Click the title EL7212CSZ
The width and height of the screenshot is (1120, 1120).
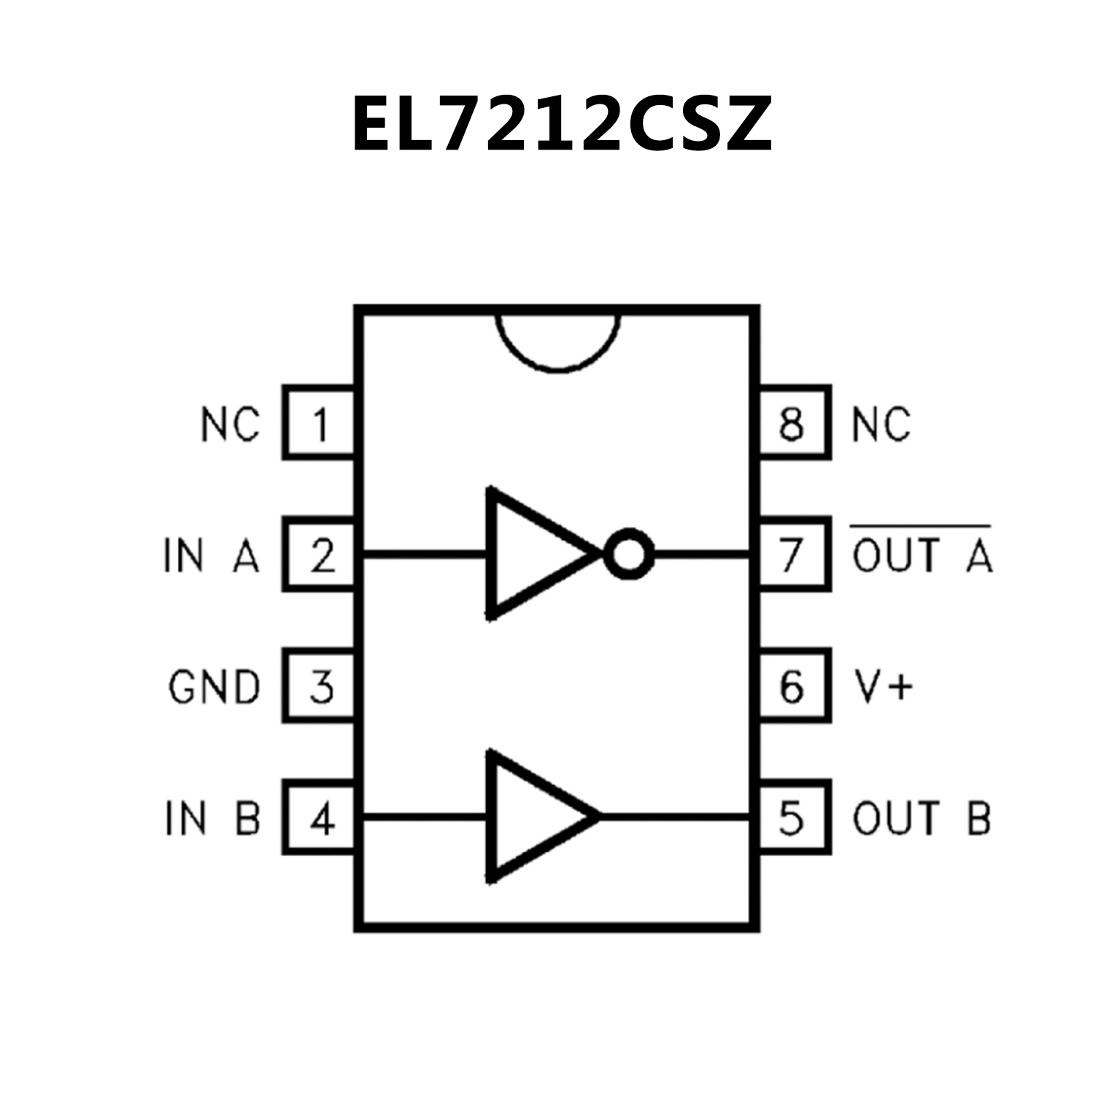pyautogui.click(x=560, y=124)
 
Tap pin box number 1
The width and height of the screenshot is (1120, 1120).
pyautogui.click(x=320, y=422)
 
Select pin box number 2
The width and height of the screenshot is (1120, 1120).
pyautogui.click(x=320, y=555)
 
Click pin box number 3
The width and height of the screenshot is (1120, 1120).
pyautogui.click(x=320, y=686)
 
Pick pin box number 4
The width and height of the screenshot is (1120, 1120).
pyautogui.click(x=320, y=817)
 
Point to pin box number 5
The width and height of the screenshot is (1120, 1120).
pyautogui.click(x=794, y=817)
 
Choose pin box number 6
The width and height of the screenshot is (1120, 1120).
pyautogui.click(x=794, y=686)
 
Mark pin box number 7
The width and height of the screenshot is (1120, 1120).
pyautogui.click(x=794, y=555)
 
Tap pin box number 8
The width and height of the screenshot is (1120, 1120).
pyautogui.click(x=794, y=422)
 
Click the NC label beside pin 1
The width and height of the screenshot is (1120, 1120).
pyautogui.click(x=230, y=424)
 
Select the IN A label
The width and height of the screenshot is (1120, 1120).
pyautogui.click(x=212, y=556)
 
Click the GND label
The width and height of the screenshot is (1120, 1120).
pyautogui.click(x=214, y=687)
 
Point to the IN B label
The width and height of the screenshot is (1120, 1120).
pyautogui.click(x=212, y=818)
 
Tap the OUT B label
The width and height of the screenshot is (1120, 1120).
pyautogui.click(x=921, y=818)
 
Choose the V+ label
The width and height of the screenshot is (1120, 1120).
pyautogui.click(x=882, y=687)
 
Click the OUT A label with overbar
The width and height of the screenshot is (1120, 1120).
pyautogui.click(x=922, y=554)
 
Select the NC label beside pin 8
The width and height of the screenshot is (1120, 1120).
pyautogui.click(x=881, y=424)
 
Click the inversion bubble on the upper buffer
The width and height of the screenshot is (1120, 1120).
pyautogui.click(x=629, y=554)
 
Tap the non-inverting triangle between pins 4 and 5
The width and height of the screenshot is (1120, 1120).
pyautogui.click(x=536, y=816)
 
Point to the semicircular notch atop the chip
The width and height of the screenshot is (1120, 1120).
pyautogui.click(x=558, y=339)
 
